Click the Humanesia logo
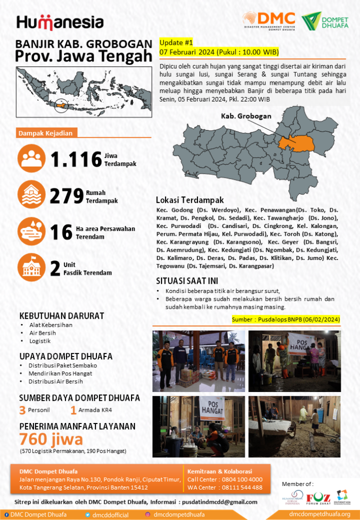[x=60, y=22]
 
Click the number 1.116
[x=76, y=159]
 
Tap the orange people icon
[x=31, y=159]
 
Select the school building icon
[x=31, y=267]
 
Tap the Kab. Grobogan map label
[x=246, y=116]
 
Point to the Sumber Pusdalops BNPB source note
[x=285, y=319]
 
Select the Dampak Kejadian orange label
[x=46, y=133]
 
